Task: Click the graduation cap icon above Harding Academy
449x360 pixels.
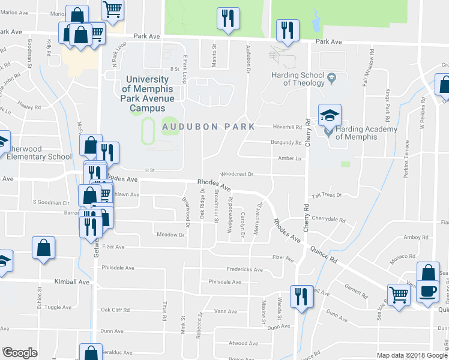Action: pyautogui.click(x=329, y=115)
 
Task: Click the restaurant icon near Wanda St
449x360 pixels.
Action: pyautogui.click(x=301, y=296)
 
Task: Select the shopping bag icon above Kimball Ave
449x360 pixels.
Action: pyautogui.click(x=44, y=248)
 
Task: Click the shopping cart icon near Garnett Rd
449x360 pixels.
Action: pyautogui.click(x=399, y=295)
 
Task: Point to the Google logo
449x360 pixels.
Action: pyautogui.click(x=20, y=353)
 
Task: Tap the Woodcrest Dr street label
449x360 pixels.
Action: pyautogui.click(x=238, y=174)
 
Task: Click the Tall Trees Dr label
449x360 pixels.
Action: pyautogui.click(x=326, y=195)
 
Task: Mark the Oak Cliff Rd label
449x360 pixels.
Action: pyautogui.click(x=116, y=310)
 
